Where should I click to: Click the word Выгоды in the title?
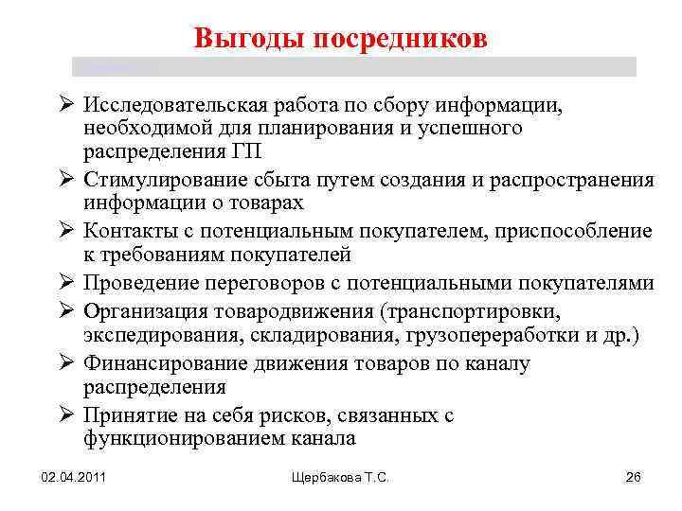click(243, 39)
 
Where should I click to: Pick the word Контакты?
click(125, 231)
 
